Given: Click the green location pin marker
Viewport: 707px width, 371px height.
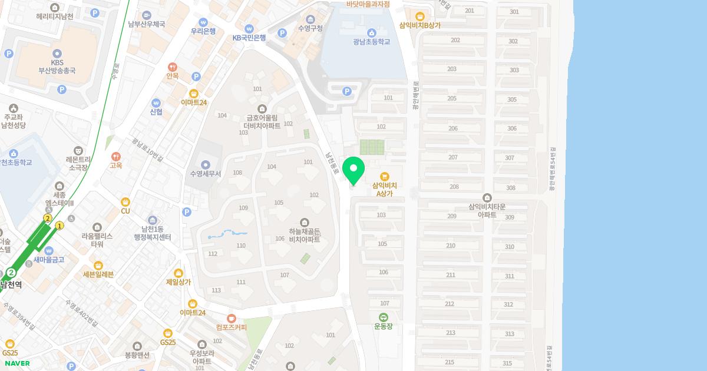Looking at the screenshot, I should click(353, 170).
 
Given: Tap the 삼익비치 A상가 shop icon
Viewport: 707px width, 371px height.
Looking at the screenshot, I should click(385, 176).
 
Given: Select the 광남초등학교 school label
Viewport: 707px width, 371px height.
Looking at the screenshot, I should click(372, 42).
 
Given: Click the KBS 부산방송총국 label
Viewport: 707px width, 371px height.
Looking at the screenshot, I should click(57, 67).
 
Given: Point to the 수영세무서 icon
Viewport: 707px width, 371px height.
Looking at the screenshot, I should click(205, 164).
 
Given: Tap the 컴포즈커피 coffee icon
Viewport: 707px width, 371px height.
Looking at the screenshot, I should click(231, 318).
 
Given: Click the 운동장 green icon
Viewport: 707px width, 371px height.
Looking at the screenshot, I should click(384, 317).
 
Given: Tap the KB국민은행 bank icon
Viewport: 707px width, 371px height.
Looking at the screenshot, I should click(249, 28).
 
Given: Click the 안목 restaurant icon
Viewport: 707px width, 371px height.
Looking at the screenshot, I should click(173, 67).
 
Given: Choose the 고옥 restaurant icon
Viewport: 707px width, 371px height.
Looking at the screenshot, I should click(115, 157).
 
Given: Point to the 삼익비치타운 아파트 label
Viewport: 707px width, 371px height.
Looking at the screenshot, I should click(487, 211).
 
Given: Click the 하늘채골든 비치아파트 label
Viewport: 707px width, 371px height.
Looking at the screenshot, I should click(304, 236).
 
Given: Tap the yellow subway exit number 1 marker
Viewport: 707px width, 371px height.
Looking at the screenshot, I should click(59, 226).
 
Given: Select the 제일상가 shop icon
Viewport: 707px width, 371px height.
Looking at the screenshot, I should click(179, 273).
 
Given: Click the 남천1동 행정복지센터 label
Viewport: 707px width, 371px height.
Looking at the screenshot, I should click(152, 233).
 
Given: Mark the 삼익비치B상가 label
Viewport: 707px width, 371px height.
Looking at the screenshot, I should click(419, 25).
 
